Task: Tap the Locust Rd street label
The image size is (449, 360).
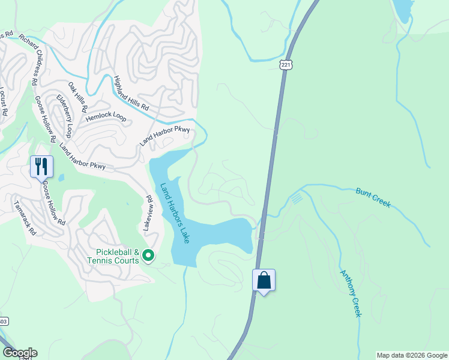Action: point(3,101)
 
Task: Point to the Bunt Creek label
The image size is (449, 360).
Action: point(373,197)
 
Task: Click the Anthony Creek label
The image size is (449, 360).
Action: point(351,293)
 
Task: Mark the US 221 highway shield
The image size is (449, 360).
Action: point(285,65)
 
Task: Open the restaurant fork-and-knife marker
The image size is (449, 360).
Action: point(41,166)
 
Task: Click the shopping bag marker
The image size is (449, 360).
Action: point(264,280)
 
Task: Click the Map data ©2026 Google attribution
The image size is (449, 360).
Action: point(411,355)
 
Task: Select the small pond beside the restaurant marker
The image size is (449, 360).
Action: point(61,178)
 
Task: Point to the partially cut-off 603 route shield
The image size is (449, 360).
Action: point(3,322)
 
